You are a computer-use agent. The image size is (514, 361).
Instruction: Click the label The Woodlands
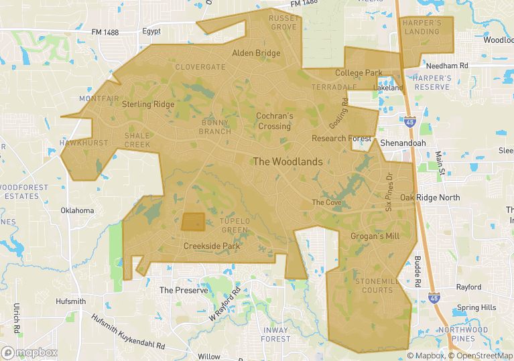click(287, 161)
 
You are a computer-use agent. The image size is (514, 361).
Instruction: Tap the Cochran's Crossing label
click(275, 121)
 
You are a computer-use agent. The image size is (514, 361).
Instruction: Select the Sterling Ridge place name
click(148, 104)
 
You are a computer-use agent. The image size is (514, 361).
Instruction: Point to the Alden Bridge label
click(256, 53)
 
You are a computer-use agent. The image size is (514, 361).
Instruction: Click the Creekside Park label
click(212, 246)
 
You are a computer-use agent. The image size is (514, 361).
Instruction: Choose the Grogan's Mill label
click(375, 236)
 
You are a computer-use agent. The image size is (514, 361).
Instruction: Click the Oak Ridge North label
click(430, 198)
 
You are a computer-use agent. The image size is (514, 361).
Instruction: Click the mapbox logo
click(30, 352)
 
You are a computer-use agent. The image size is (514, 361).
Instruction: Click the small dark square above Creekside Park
click(193, 222)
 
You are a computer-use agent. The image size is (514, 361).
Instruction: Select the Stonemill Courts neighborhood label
click(377, 286)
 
